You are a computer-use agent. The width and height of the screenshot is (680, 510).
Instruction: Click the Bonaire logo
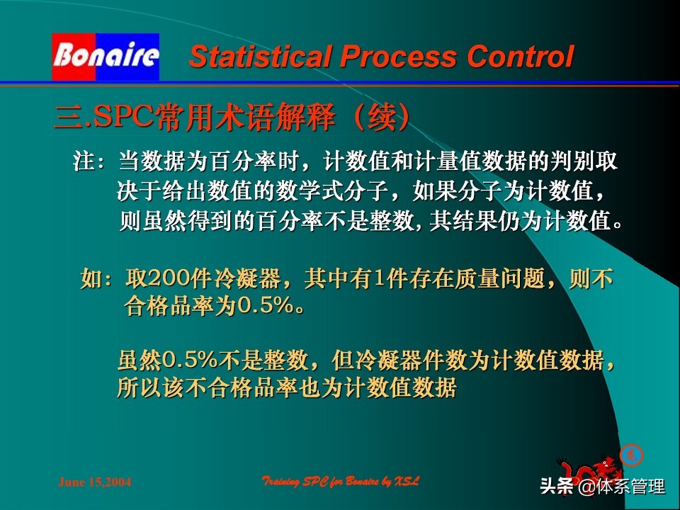tap(106, 57)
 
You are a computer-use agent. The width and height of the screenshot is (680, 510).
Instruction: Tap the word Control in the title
tap(518, 57)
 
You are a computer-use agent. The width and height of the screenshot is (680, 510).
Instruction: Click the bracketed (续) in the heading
tap(381, 118)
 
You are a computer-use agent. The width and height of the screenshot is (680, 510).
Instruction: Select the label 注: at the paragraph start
tap(89, 161)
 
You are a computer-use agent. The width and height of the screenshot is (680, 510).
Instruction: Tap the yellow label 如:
tap(97, 279)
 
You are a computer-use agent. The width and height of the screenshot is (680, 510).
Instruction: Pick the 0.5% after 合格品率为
tap(261, 307)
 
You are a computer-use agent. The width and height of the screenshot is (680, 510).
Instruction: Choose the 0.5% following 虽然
tap(189, 361)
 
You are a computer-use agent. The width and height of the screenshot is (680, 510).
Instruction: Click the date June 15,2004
tap(94, 482)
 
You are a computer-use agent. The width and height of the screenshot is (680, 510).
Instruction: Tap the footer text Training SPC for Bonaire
tap(341, 482)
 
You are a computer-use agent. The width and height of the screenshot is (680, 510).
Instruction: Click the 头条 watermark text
tap(556, 487)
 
